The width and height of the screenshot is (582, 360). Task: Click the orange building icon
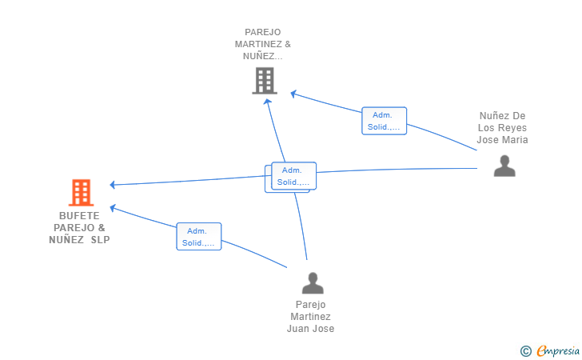point(81,193)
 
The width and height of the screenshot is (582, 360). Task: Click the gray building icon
point(265,80)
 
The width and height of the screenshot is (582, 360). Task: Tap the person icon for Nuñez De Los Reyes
point(504,166)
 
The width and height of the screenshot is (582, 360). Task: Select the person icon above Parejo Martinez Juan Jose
point(313,283)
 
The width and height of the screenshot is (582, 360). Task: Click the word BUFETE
point(79,216)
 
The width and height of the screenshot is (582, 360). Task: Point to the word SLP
point(101,240)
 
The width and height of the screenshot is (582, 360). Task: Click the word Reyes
point(515,128)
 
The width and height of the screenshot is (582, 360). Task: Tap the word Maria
point(515,140)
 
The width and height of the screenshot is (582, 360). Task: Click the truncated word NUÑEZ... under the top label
point(263,56)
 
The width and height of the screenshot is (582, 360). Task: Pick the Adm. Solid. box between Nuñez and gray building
point(385,121)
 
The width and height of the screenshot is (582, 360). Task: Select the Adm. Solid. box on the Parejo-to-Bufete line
point(199,236)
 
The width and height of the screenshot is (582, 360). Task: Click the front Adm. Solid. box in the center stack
point(293,176)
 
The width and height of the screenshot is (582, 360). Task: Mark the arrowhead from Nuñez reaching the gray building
point(293,94)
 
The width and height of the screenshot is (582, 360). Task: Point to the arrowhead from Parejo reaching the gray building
point(267,102)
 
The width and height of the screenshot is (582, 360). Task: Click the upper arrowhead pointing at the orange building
point(113,184)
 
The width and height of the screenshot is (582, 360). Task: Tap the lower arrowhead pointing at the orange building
point(113,208)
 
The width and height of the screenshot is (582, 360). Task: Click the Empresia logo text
point(558,350)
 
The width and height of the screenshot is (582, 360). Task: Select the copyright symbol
point(525,351)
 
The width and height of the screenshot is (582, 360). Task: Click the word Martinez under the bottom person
point(310,317)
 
